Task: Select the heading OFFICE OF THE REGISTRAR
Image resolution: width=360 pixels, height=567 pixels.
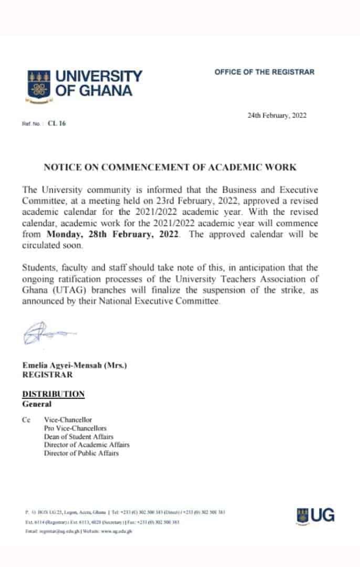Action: point(264,72)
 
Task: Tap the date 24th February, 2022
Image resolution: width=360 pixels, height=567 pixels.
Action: point(277,116)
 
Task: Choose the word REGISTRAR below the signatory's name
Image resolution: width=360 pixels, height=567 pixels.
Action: point(47,374)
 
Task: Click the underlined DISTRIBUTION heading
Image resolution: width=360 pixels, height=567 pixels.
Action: point(53,394)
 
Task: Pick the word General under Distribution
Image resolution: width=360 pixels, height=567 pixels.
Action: point(37,404)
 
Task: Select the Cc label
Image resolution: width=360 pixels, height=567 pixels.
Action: point(26,420)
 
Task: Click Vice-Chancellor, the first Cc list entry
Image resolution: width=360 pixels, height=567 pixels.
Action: point(68,420)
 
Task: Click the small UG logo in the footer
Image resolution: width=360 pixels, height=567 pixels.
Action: point(315,514)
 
